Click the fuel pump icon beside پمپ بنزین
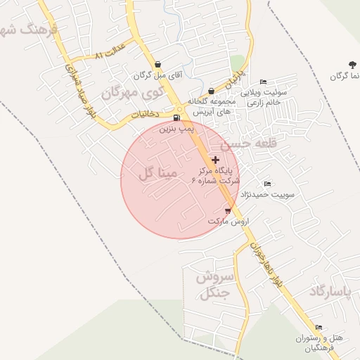pos(176,117)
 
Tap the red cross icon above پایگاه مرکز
pos(215,160)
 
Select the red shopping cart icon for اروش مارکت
pos(228,210)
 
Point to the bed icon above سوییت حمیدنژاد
pos(266,184)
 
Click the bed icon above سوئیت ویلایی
pos(263,82)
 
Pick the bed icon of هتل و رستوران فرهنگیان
pos(319,327)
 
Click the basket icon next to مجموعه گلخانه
pos(212,90)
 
